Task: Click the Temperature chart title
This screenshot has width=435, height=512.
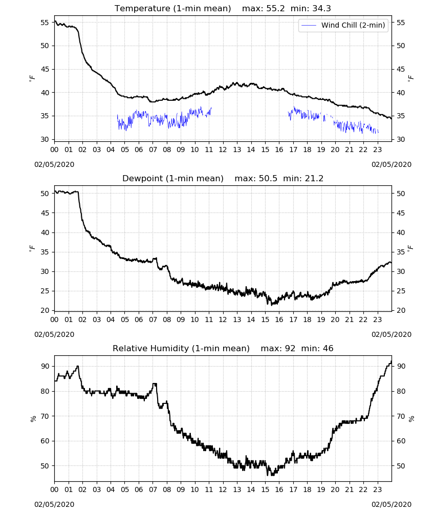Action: [172, 8]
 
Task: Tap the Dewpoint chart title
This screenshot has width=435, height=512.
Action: [173, 178]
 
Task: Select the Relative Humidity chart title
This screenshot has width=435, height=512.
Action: [181, 348]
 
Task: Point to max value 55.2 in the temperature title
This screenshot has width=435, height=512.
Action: [275, 8]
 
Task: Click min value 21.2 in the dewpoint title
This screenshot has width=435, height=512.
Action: [314, 178]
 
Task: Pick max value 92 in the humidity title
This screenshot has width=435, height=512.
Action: [290, 348]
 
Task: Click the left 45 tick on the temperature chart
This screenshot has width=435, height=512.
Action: [45, 69]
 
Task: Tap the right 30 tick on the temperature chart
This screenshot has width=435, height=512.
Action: [401, 139]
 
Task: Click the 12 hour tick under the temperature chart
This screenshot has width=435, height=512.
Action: [223, 150]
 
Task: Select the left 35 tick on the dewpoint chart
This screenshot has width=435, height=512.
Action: [45, 252]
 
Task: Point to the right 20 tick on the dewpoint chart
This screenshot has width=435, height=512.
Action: [401, 311]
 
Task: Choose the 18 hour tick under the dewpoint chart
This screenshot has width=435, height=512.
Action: [307, 319]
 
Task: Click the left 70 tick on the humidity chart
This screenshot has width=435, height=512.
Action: [45, 416]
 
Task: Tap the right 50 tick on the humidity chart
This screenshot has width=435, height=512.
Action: [401, 466]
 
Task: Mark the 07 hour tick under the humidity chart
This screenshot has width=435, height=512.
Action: [153, 489]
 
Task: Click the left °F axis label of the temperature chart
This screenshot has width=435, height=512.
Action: [32, 78]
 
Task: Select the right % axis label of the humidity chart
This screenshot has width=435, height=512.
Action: [411, 419]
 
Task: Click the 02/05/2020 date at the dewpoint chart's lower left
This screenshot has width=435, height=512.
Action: [54, 334]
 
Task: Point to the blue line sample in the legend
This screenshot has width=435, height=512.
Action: [309, 25]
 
